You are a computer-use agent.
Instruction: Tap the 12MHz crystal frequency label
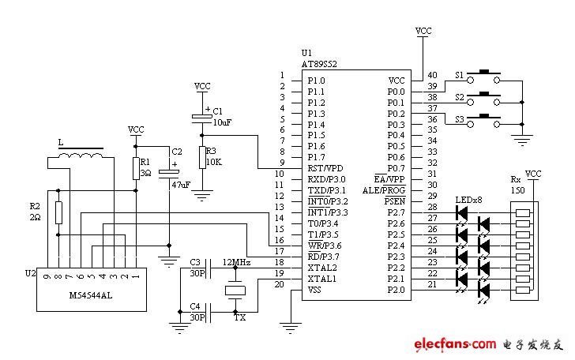coord(237,261)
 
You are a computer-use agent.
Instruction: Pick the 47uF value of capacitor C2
coord(180,184)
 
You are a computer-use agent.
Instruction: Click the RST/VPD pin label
coord(326,168)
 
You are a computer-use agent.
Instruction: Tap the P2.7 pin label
coord(396,212)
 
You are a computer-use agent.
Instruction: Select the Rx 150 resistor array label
coord(517,184)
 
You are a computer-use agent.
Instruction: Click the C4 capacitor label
coord(196,306)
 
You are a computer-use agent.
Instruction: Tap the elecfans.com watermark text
coord(453,344)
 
